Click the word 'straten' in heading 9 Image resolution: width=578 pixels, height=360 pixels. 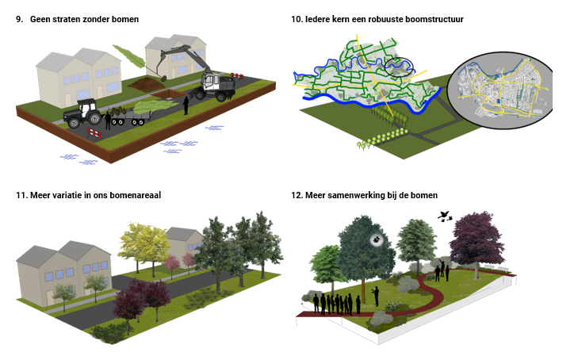(x=71, y=17)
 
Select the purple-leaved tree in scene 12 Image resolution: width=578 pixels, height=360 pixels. (x=476, y=238)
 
